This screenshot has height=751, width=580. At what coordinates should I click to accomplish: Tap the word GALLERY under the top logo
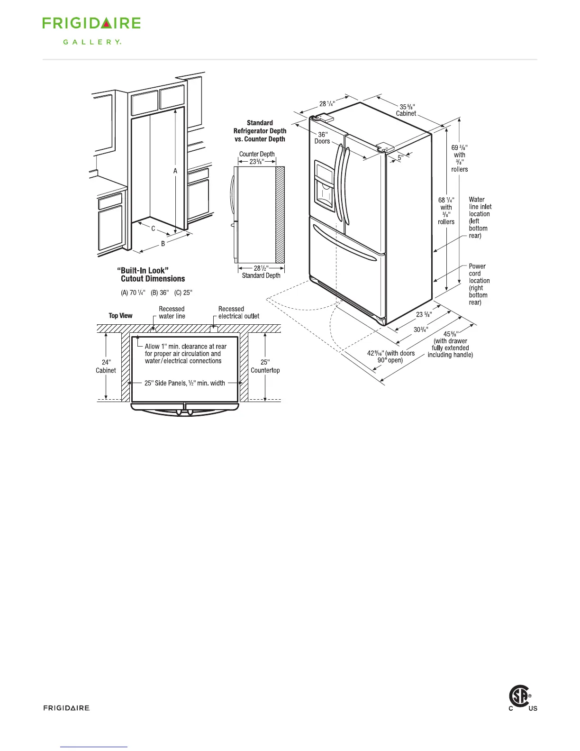92,42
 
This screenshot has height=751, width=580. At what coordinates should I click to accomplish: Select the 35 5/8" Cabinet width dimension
406,110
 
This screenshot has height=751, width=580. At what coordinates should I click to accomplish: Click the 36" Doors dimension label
322,138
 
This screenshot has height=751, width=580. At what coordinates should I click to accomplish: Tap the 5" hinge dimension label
400,157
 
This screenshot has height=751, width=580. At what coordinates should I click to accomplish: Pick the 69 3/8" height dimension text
459,158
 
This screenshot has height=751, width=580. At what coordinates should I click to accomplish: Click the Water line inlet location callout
480,217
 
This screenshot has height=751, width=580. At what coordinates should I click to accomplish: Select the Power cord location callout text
479,284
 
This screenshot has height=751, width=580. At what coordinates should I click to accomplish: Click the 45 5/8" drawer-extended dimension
450,344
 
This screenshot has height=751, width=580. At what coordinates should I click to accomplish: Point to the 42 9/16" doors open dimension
390,357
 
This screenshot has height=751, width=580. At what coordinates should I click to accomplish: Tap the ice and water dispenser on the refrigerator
325,187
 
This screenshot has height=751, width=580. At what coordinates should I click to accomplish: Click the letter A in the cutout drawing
175,171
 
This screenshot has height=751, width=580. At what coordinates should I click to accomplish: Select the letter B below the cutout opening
163,244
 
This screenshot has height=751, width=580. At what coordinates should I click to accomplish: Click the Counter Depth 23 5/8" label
257,157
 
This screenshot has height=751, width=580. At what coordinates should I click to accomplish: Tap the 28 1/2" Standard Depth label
261,272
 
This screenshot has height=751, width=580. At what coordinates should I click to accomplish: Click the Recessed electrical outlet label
238,312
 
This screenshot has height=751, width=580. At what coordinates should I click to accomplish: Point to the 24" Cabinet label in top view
106,366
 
